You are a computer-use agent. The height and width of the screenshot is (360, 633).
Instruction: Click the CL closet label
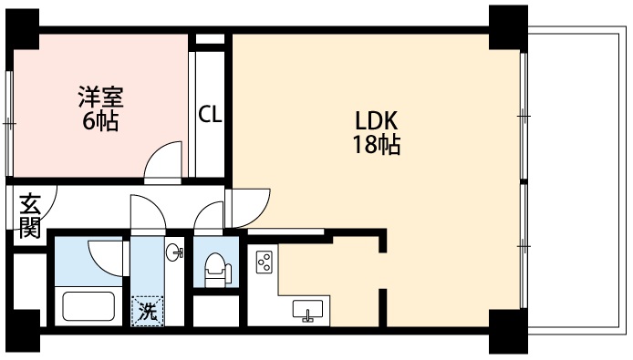(210, 114)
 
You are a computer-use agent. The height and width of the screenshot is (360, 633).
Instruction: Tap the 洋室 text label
(101, 97)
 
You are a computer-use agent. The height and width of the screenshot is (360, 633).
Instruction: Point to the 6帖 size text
(100, 120)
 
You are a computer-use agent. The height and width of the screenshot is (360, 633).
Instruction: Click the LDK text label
(377, 120)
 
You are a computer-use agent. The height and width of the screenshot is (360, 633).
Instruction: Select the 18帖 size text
(377, 145)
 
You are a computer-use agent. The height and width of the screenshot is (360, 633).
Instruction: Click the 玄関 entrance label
(30, 216)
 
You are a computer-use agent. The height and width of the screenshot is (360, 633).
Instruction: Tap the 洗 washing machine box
(148, 311)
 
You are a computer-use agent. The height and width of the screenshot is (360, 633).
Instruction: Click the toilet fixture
(217, 270)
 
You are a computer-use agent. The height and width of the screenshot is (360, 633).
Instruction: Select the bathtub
(88, 306)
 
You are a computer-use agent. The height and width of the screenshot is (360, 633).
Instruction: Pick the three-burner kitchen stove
(264, 261)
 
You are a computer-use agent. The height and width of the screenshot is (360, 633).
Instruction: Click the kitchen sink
(307, 310)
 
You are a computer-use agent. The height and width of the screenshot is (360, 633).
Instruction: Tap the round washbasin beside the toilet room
(174, 252)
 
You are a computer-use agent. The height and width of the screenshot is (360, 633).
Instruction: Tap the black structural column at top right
(508, 27)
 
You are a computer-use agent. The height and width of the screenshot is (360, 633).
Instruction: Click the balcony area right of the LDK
(574, 180)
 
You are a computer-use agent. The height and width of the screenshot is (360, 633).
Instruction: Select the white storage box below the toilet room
(216, 311)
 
